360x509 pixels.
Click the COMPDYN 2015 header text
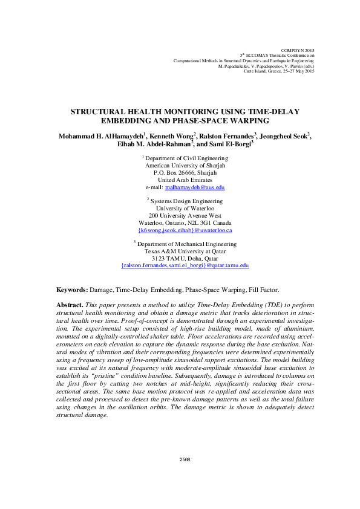298,49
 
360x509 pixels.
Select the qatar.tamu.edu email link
185,265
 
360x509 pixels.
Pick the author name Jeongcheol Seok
284,137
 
